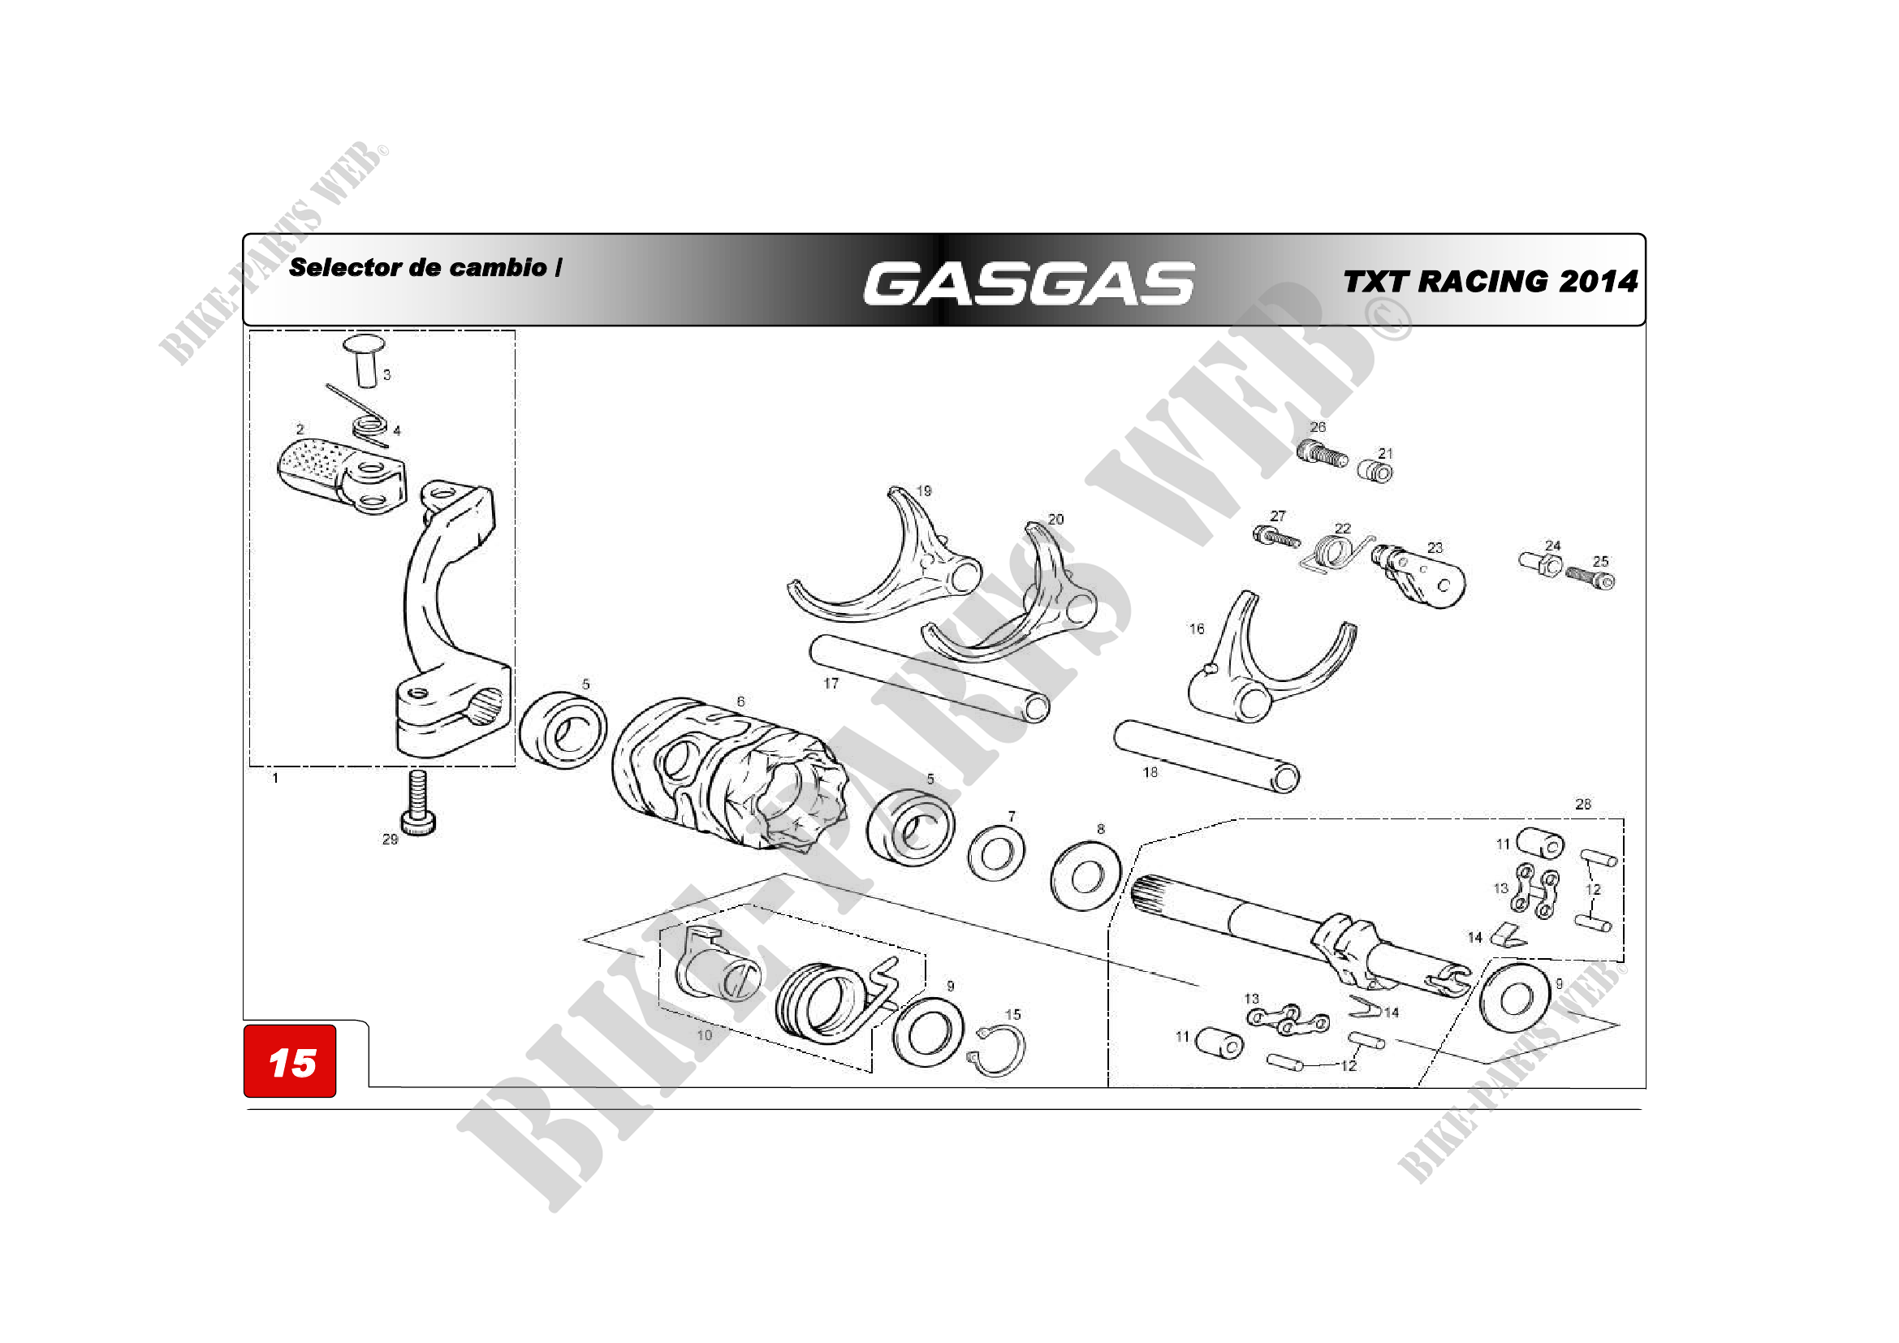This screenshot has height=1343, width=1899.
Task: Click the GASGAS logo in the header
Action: [1029, 283]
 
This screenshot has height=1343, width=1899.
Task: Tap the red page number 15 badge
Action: [290, 1061]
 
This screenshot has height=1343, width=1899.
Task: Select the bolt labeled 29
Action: [418, 801]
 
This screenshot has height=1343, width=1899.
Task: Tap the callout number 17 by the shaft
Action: [831, 683]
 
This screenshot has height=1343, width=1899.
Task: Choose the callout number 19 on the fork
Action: [924, 490]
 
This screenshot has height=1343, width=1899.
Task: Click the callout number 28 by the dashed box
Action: [1582, 804]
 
